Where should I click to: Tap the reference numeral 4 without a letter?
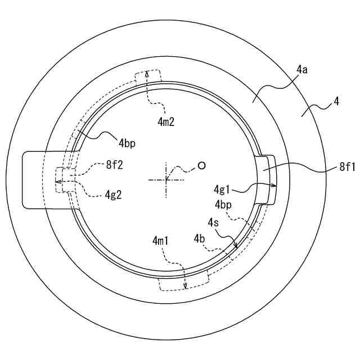(336, 102)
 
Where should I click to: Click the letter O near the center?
(200, 166)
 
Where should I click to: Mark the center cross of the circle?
(166, 180)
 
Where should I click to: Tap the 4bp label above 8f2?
(126, 143)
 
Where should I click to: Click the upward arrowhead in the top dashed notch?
(147, 73)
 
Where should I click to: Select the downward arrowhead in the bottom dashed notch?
(185, 287)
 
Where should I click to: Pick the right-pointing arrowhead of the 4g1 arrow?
(275, 184)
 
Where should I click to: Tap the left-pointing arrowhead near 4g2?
(57, 182)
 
